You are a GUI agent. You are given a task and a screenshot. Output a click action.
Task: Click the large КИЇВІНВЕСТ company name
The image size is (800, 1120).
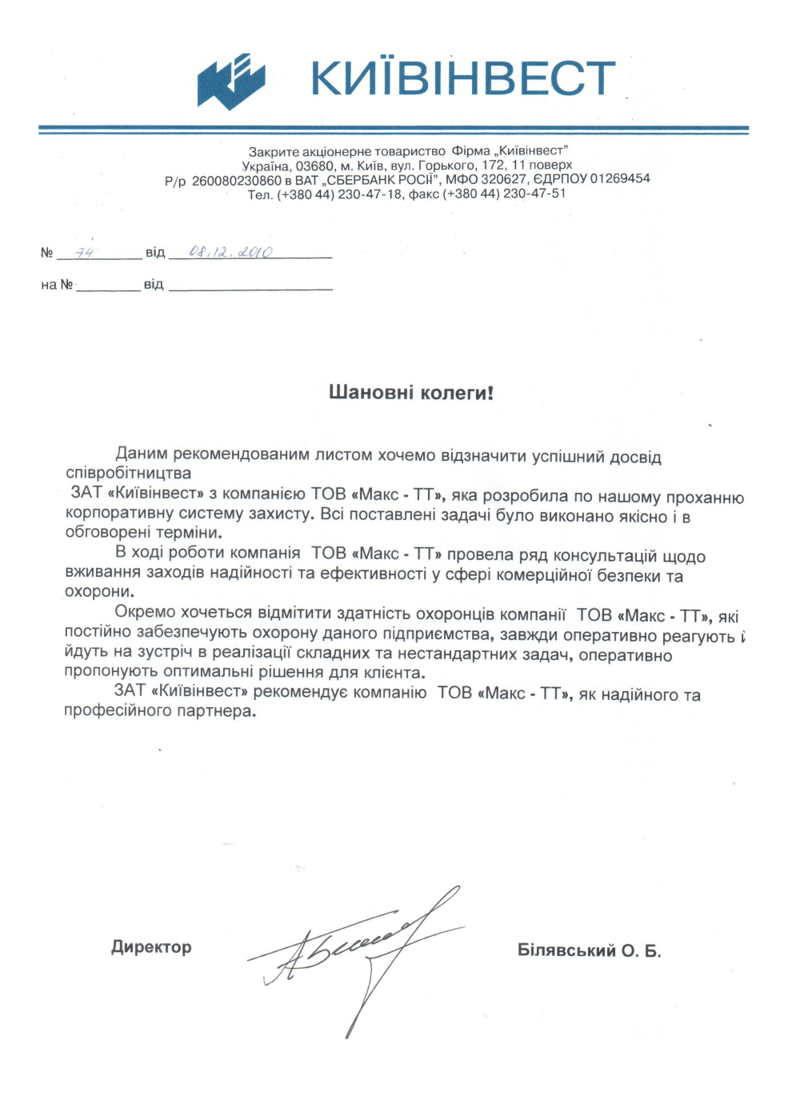(462, 78)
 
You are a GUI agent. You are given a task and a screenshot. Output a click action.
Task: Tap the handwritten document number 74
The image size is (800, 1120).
(85, 253)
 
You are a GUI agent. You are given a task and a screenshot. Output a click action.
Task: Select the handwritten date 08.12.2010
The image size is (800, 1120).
(230, 252)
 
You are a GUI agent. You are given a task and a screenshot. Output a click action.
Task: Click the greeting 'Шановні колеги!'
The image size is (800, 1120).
(411, 393)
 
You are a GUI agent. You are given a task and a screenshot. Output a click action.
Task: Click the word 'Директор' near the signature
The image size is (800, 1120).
(151, 947)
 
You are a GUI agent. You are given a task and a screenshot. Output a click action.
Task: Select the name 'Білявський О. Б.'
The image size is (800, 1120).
(589, 950)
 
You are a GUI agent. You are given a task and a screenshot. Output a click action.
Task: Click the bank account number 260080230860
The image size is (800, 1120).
(237, 181)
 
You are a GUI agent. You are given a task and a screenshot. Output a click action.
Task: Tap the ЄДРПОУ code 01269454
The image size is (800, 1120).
(620, 178)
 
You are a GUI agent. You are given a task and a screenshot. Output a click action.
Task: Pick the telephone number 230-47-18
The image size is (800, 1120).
(370, 194)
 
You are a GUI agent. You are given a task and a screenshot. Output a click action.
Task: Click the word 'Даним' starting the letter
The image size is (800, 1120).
(142, 454)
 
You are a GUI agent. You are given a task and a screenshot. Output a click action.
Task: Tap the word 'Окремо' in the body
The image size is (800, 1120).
(145, 612)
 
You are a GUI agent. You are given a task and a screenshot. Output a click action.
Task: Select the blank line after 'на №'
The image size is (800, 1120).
(108, 286)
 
